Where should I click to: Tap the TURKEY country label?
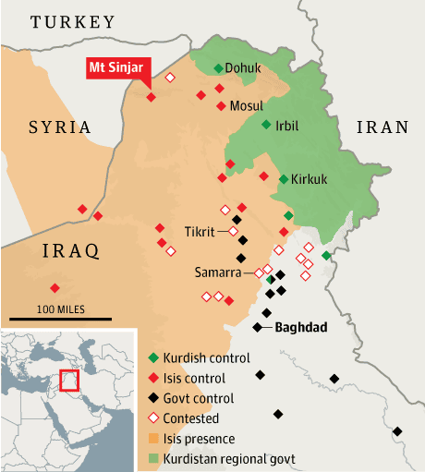[73, 21]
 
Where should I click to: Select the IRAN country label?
[382, 127]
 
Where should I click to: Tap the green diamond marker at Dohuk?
[219, 68]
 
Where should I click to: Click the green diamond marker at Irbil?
[266, 125]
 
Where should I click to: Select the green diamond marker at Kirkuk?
[283, 179]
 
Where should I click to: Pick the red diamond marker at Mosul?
[220, 105]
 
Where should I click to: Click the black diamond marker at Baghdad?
[257, 327]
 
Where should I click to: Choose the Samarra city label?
[219, 272]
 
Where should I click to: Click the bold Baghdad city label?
[302, 327]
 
